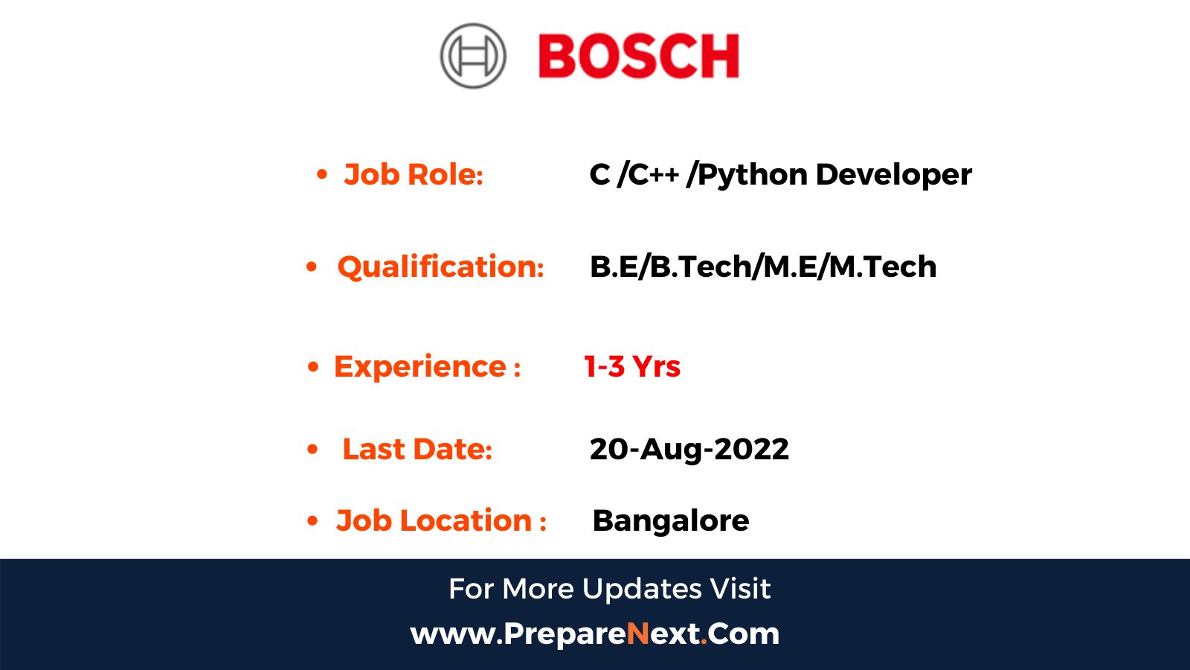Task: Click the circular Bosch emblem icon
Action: coord(473,56)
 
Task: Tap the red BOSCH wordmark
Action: coord(639,57)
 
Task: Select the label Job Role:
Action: coord(414,175)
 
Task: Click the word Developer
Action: coord(893,175)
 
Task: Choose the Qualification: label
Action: coord(440,267)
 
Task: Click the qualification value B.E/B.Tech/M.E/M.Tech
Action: coord(763,267)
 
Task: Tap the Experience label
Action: coord(427,366)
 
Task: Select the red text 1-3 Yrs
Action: coord(632,366)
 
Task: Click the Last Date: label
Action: coord(417,449)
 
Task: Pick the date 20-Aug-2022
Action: coord(689,449)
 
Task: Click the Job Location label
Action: coord(441,520)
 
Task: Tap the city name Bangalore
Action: coord(671,520)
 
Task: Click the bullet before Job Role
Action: coord(322,175)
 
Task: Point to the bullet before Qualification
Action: coord(312,267)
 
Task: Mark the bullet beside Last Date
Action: coord(312,449)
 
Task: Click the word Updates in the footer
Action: coord(642,589)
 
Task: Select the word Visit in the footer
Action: coord(740,589)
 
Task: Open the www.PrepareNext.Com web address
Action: coord(595,634)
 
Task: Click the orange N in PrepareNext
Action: coord(638,634)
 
